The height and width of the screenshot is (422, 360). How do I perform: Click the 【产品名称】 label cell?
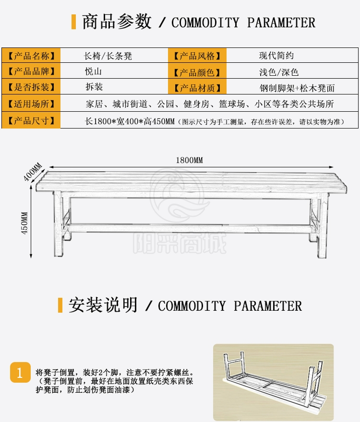click(x=31, y=56)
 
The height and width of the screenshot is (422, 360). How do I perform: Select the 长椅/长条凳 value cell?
click(x=108, y=56)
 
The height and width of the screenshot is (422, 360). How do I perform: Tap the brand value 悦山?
click(x=93, y=71)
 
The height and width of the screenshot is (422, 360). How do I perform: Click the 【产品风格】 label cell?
click(x=197, y=56)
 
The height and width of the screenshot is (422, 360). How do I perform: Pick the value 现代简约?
click(x=276, y=56)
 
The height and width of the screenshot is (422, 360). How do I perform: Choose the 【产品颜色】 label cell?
click(x=197, y=72)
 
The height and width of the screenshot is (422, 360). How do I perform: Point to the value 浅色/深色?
click(x=279, y=72)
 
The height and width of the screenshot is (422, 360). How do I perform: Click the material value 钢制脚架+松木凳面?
click(x=297, y=88)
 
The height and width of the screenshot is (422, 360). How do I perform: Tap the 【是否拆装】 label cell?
click(x=31, y=87)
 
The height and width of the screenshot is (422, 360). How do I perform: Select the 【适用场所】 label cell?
click(x=31, y=104)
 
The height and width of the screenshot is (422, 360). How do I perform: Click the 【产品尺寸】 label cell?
click(x=31, y=120)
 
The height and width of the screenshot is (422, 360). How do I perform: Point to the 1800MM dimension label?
click(x=189, y=160)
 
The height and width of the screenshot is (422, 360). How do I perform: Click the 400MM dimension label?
click(x=33, y=172)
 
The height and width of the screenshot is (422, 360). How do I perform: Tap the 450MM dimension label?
click(x=25, y=223)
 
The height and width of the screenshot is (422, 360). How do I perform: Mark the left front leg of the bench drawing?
click(x=59, y=224)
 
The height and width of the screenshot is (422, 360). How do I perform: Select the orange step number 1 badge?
click(x=20, y=373)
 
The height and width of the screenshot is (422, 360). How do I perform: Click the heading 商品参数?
click(x=117, y=22)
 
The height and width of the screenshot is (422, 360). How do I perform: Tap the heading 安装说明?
click(x=103, y=305)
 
